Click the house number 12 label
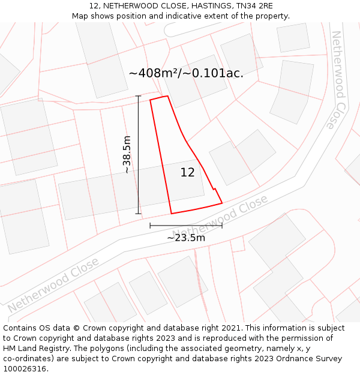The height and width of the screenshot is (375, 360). (187, 172)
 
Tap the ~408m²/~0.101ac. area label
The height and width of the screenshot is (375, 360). (186, 73)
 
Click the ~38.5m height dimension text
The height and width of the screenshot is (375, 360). (127, 155)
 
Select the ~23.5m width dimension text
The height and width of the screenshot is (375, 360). (186, 238)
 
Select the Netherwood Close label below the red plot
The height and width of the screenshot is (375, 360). (220, 216)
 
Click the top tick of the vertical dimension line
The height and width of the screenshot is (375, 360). (138, 96)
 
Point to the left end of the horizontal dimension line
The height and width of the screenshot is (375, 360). (150, 226)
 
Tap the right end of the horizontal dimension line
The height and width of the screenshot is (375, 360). (222, 226)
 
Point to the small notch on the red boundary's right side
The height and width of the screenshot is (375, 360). (214, 189)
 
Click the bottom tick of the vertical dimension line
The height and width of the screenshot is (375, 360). (138, 214)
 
